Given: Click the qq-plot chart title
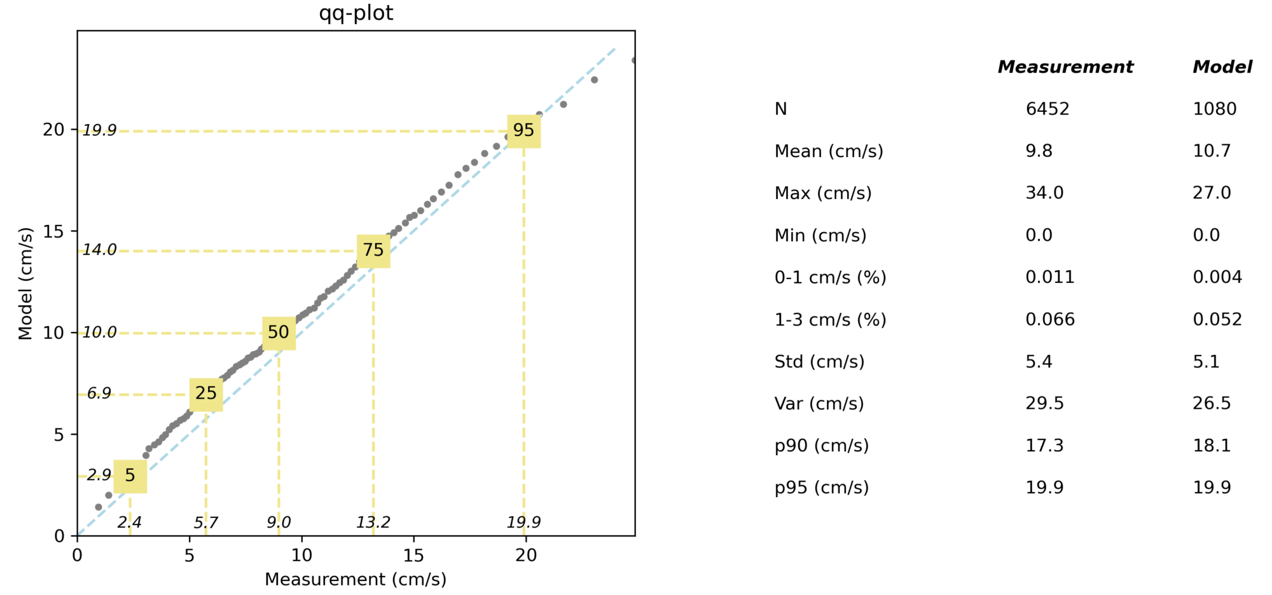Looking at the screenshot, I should [356, 13].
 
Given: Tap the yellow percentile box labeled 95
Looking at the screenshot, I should [523, 131].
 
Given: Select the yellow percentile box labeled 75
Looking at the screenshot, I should [373, 250].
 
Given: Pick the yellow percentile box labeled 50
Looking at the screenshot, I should [279, 332].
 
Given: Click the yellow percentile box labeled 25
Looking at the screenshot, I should [206, 393].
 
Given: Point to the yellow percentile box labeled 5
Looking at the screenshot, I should [130, 475].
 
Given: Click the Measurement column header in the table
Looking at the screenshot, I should [1065, 67].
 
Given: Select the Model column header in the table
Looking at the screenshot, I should [1222, 67].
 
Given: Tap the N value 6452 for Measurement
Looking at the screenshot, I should [1047, 109].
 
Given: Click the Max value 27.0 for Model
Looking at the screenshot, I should [1212, 193].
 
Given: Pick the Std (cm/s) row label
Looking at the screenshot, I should [819, 362].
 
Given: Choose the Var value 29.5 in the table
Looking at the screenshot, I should [1044, 404].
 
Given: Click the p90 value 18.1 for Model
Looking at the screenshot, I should [1212, 446].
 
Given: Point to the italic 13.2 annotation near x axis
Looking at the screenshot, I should [373, 523].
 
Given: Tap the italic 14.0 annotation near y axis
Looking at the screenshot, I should [100, 250].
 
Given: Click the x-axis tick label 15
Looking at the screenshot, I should [413, 555].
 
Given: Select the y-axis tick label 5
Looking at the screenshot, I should [59, 435].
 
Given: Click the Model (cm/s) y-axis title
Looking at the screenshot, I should [25, 284].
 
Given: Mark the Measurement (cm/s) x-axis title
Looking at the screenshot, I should [356, 579].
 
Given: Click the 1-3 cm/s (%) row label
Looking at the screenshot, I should [830, 319].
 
